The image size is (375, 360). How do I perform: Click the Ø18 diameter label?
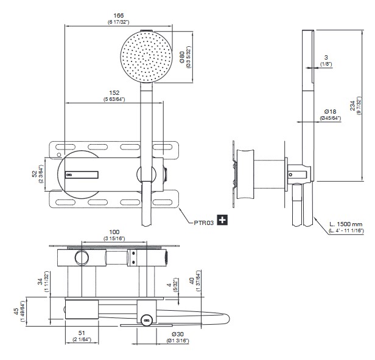331,111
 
